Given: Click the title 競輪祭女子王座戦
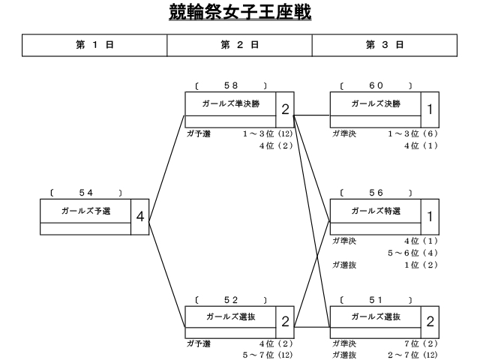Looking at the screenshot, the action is (240, 12).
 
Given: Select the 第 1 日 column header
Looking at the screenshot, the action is (94, 45).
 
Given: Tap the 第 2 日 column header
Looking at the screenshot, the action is (240, 45).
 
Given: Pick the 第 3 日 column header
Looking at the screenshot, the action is (385, 45).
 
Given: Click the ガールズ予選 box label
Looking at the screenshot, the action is (85, 211).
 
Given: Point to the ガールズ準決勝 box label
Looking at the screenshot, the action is (231, 103).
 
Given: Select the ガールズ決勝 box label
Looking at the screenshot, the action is (376, 103).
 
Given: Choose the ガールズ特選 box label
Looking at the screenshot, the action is (376, 211).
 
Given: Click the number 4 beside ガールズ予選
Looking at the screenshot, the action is (140, 217).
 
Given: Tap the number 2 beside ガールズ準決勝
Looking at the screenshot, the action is (285, 109).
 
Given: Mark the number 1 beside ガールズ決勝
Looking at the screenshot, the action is (430, 109).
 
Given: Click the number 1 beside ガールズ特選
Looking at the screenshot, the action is (430, 217).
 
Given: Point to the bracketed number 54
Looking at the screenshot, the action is (85, 193).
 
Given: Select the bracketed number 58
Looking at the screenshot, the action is (231, 85).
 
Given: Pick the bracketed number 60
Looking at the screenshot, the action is (376, 85).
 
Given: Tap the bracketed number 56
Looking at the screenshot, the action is (376, 193).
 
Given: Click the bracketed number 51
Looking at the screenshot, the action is (376, 300).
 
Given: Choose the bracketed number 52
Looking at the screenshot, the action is (231, 300).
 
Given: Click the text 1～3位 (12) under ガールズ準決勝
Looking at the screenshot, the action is (268, 133).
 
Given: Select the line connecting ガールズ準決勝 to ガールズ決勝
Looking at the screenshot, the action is (312, 115).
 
